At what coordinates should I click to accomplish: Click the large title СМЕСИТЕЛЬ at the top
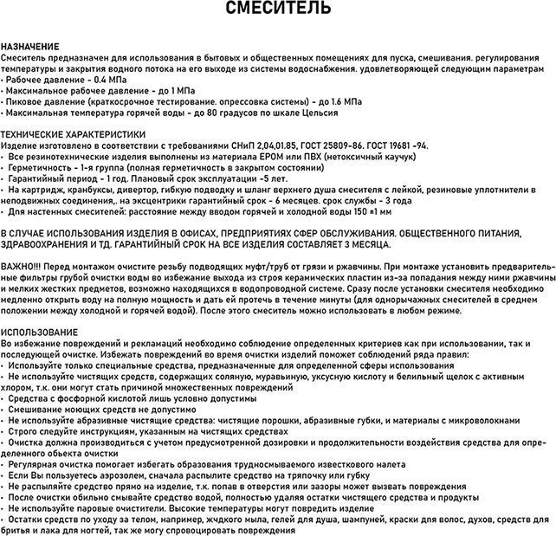277,10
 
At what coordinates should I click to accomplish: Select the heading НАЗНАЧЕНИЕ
30,45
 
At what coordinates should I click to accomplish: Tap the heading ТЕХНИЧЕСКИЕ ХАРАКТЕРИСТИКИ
74,135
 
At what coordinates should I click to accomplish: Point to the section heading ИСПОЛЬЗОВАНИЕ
39,333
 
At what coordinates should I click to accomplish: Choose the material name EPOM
261,158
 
